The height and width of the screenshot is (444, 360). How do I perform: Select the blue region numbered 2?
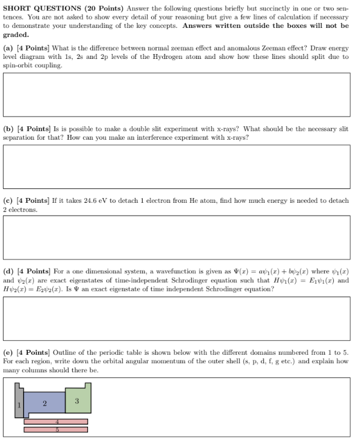pyautogui.click(x=44, y=403)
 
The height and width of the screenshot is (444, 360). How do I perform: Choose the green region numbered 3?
pyautogui.click(x=77, y=400)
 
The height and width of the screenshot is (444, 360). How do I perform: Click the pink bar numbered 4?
pyautogui.click(x=56, y=422)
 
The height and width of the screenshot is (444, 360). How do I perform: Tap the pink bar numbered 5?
pyautogui.click(x=56, y=429)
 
